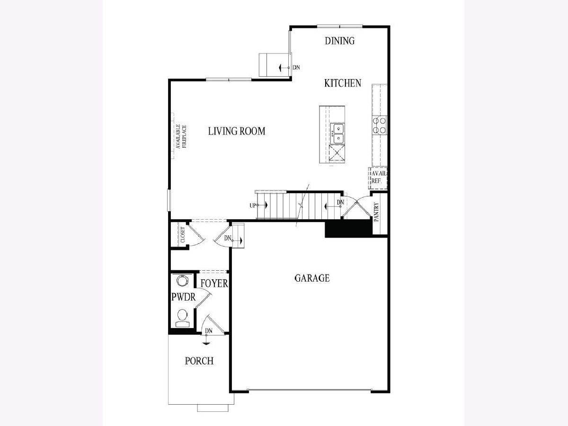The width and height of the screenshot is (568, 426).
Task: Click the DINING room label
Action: click(339, 41)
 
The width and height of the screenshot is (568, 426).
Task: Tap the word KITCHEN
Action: click(343, 83)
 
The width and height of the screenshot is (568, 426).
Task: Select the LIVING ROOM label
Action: click(237, 131)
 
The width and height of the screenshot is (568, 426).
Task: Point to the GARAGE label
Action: click(312, 278)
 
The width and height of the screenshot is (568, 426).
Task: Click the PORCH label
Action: click(199, 361)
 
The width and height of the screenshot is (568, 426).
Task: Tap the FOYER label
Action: click(214, 284)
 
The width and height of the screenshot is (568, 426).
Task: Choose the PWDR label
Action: click(184, 297)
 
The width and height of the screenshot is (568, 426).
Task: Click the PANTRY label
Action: click(376, 212)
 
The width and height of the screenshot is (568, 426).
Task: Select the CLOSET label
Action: click(183, 235)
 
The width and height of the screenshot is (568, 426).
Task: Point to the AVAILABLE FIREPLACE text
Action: click(181, 136)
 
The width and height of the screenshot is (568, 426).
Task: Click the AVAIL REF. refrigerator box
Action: click(378, 178)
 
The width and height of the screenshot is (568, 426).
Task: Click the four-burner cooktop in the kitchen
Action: click(380, 125)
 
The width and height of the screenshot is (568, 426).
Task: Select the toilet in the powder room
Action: click(182, 318)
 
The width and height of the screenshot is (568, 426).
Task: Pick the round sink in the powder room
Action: click(182, 281)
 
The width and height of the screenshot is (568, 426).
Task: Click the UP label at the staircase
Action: click(253, 205)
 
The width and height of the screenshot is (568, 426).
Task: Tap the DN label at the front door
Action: click(209, 331)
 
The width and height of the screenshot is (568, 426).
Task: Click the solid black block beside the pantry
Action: click(348, 229)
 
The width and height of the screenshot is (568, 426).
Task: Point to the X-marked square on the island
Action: click(337, 153)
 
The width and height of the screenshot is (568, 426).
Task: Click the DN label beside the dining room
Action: click(296, 68)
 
